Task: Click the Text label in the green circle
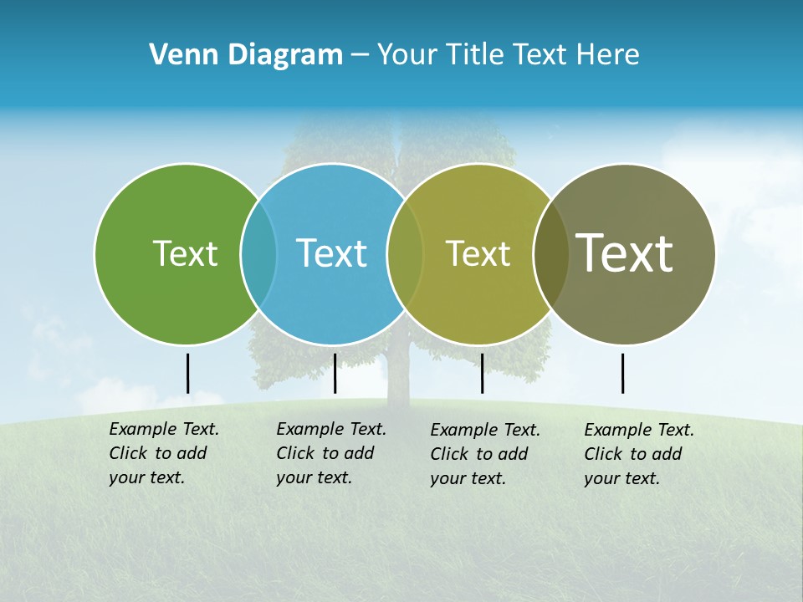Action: coord(185,253)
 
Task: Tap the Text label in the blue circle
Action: coord(331,253)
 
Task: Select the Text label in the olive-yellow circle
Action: coord(478,253)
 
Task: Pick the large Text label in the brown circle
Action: coord(625,253)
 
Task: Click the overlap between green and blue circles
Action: coord(258,253)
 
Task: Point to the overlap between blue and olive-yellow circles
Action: coord(405,253)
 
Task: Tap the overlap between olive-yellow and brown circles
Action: coord(551,253)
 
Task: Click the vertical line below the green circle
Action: coord(187,373)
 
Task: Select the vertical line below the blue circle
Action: coord(335,373)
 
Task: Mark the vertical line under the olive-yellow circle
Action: coord(482,373)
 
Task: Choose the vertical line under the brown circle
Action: coord(622,373)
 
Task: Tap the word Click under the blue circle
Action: coord(295,453)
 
